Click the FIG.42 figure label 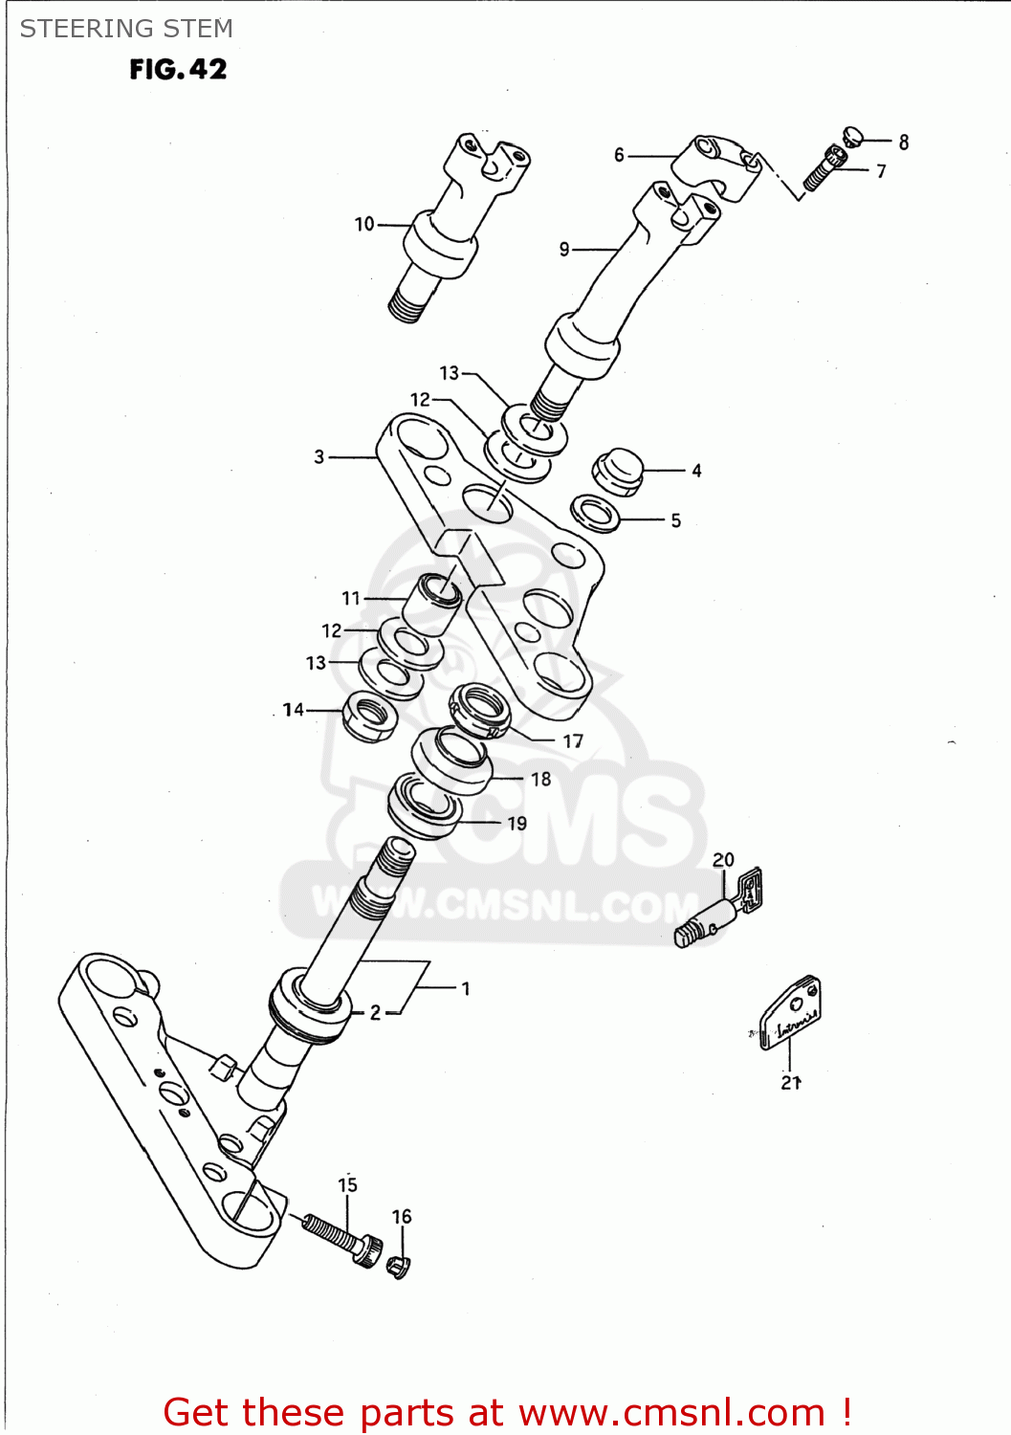178,69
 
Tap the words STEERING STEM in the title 126,29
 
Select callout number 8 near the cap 904,143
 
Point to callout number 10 364,224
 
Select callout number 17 573,741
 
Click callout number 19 517,824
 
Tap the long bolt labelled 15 341,1237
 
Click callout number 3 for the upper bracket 319,457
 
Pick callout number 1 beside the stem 466,988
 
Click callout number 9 564,250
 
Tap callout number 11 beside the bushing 351,599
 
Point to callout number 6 619,155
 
